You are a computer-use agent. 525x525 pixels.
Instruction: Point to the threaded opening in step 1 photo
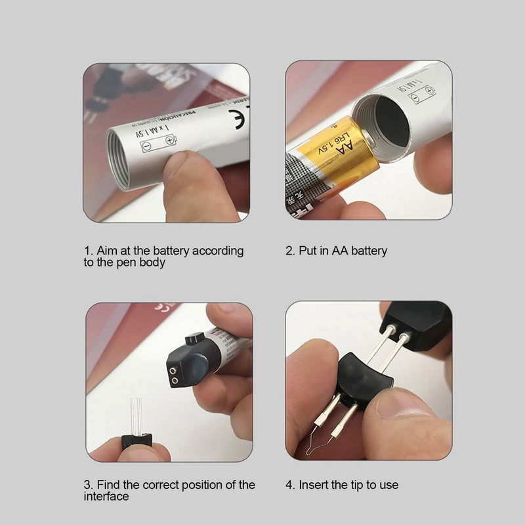tap(118, 157)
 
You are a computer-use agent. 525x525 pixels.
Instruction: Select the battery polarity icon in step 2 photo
tap(421, 96)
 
